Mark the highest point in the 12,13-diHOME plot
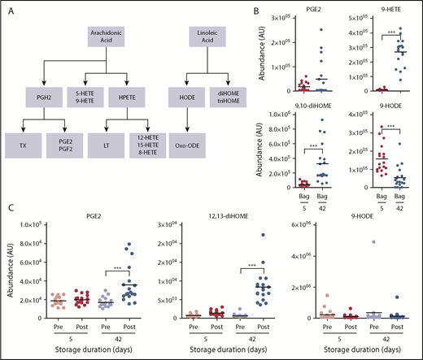pos(262,236)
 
